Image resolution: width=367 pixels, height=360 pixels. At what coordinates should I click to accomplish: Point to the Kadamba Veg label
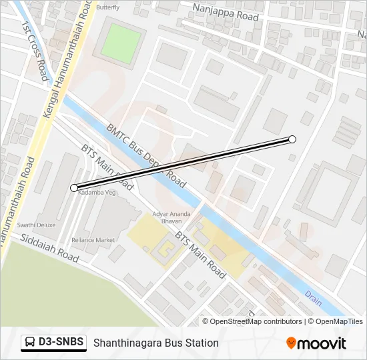pyautogui.click(x=98, y=192)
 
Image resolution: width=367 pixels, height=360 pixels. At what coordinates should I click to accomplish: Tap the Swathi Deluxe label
pyautogui.click(x=37, y=225)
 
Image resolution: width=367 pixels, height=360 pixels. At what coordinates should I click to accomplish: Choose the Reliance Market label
pyautogui.click(x=93, y=240)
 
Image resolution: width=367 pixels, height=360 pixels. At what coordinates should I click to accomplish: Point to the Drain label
pyautogui.click(x=313, y=298)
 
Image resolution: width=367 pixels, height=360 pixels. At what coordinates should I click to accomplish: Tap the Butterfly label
pyautogui.click(x=107, y=7)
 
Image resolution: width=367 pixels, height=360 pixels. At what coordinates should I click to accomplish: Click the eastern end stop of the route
pyautogui.click(x=292, y=139)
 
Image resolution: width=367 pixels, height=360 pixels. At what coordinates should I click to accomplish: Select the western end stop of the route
pyautogui.click(x=74, y=188)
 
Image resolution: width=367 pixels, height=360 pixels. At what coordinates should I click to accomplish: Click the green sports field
pyautogui.click(x=121, y=44)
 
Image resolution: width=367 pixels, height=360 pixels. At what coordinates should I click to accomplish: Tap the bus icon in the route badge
pyautogui.click(x=30, y=343)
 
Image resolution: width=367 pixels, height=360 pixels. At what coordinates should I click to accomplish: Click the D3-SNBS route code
pyautogui.click(x=61, y=343)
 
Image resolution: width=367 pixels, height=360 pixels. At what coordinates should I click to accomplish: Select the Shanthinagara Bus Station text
pyautogui.click(x=156, y=343)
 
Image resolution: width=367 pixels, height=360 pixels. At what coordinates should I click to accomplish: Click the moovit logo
pyautogui.click(x=316, y=343)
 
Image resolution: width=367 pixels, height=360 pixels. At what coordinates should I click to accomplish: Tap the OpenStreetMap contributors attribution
pyautogui.click(x=253, y=321)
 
